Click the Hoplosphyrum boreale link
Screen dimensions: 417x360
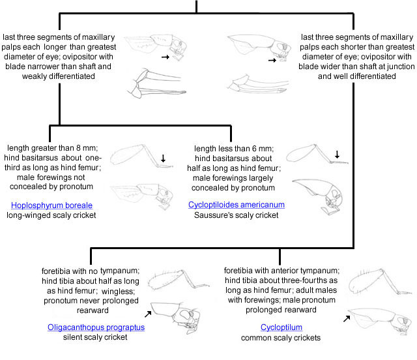(x=51, y=205)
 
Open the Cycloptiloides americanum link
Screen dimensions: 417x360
(x=237, y=205)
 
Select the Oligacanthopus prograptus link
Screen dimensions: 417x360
(x=96, y=327)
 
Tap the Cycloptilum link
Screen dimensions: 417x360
(x=281, y=327)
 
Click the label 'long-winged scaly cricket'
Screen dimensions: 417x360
(x=51, y=215)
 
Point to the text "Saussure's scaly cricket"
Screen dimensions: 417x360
(x=236, y=215)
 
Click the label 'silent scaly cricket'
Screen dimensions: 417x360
(x=95, y=337)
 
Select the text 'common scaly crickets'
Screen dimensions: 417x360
(x=281, y=338)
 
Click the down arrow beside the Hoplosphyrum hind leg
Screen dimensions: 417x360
(x=163, y=158)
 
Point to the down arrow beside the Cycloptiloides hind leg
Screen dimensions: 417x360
(x=337, y=155)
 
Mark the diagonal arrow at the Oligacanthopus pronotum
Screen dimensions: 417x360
(x=148, y=314)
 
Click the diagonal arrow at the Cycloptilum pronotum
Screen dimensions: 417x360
(x=347, y=318)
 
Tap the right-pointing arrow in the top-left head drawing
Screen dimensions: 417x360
(x=165, y=57)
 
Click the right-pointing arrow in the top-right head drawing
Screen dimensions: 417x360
(x=272, y=61)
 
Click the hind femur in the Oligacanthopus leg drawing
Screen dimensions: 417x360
(x=165, y=280)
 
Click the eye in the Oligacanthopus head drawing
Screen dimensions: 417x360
(x=185, y=315)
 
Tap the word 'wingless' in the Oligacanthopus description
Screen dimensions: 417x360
(x=118, y=291)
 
